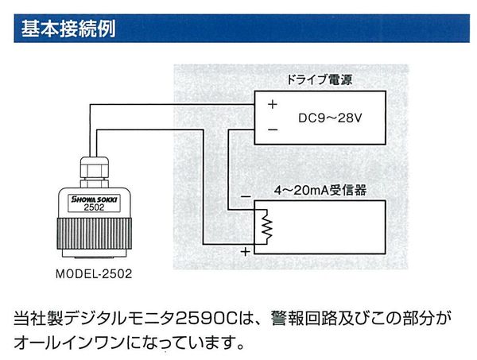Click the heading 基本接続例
coord(68,29)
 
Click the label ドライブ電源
coord(319,79)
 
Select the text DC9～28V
coord(330,118)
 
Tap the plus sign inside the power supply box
coord(273,104)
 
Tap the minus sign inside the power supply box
coord(273,130)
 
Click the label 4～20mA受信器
coord(320,191)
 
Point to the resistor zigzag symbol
coord(267,227)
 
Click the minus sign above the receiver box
coord(246,197)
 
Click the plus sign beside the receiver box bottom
coord(245,252)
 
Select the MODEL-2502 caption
coord(94,274)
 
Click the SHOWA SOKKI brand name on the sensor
coord(94,199)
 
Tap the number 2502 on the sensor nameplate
coord(94,207)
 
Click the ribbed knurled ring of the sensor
coord(95,234)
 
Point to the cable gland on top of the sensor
coord(95,172)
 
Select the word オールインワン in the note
coord(69,343)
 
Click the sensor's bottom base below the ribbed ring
coord(95,254)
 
